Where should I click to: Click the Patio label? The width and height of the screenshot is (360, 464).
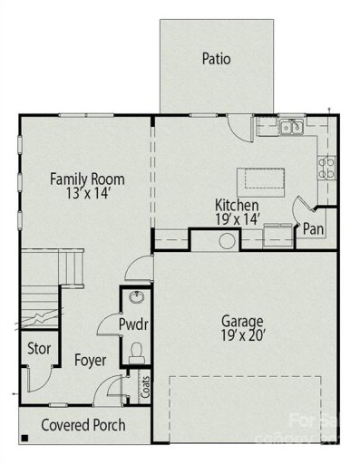[216, 60]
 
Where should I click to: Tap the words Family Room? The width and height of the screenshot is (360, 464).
[87, 179]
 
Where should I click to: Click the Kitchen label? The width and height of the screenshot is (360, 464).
[237, 206]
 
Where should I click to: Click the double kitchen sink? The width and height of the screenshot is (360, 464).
[291, 128]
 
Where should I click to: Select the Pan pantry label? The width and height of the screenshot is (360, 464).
[314, 228]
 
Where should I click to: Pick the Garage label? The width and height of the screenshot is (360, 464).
[242, 321]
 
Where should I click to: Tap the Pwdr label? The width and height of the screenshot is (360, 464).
[134, 324]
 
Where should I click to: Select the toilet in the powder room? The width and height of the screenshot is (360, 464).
[138, 352]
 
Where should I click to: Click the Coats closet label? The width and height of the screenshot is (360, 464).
[145, 388]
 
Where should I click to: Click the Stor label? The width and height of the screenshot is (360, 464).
[37, 349]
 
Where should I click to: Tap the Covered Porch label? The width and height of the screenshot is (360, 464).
[83, 425]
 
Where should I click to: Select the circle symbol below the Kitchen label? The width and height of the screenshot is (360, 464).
[226, 240]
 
